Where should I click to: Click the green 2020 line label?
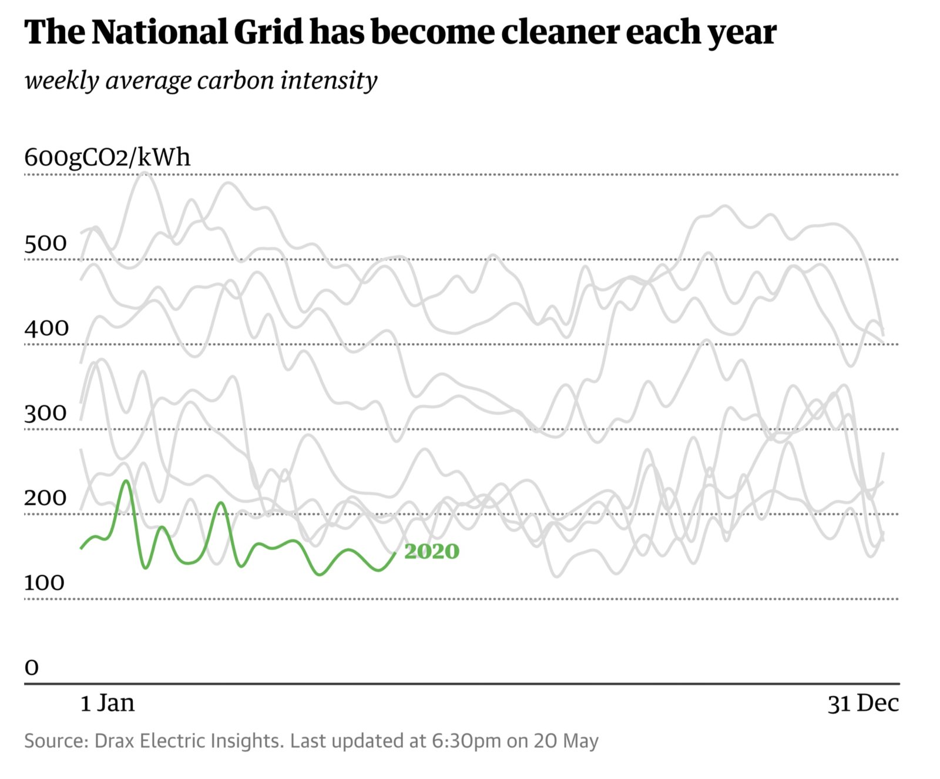click(x=431, y=551)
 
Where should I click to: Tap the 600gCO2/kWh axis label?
click(x=108, y=157)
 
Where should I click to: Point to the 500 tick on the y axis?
click(x=45, y=243)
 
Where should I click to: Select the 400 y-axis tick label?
click(x=46, y=328)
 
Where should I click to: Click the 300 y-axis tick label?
click(x=45, y=413)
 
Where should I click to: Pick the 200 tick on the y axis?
click(x=45, y=498)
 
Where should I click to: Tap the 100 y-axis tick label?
click(x=44, y=583)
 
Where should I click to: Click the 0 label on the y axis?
click(x=32, y=667)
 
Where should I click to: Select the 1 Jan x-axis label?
click(x=108, y=703)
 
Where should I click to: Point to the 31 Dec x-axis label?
click(x=863, y=703)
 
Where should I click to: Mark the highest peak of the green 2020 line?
click(x=126, y=481)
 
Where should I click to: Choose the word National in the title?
click(x=160, y=32)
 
